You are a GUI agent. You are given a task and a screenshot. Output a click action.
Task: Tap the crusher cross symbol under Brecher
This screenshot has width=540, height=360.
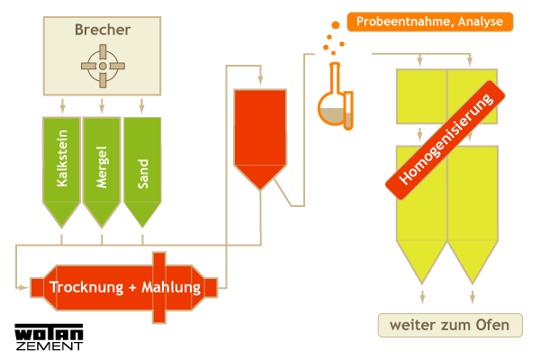coord(102,66)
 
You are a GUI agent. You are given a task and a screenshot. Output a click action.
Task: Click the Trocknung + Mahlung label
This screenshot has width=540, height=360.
coord(124,287)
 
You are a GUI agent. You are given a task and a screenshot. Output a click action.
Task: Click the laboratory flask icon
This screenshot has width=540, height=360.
coord(336,103)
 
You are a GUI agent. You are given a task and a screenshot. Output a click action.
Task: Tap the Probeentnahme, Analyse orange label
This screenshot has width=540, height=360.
coord(429,21)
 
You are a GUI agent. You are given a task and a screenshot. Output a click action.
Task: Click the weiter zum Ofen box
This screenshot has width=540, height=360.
coord(448,325)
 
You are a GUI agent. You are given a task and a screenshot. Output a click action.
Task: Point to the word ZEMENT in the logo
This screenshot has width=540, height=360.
coord(49,345)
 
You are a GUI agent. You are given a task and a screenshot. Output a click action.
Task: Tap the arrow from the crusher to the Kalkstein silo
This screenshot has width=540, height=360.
coord(62,105)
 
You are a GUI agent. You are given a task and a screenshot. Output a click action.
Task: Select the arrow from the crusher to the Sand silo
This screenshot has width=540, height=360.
coord(142,105)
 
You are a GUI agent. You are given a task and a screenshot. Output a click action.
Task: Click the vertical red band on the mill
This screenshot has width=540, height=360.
coord(159,287)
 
